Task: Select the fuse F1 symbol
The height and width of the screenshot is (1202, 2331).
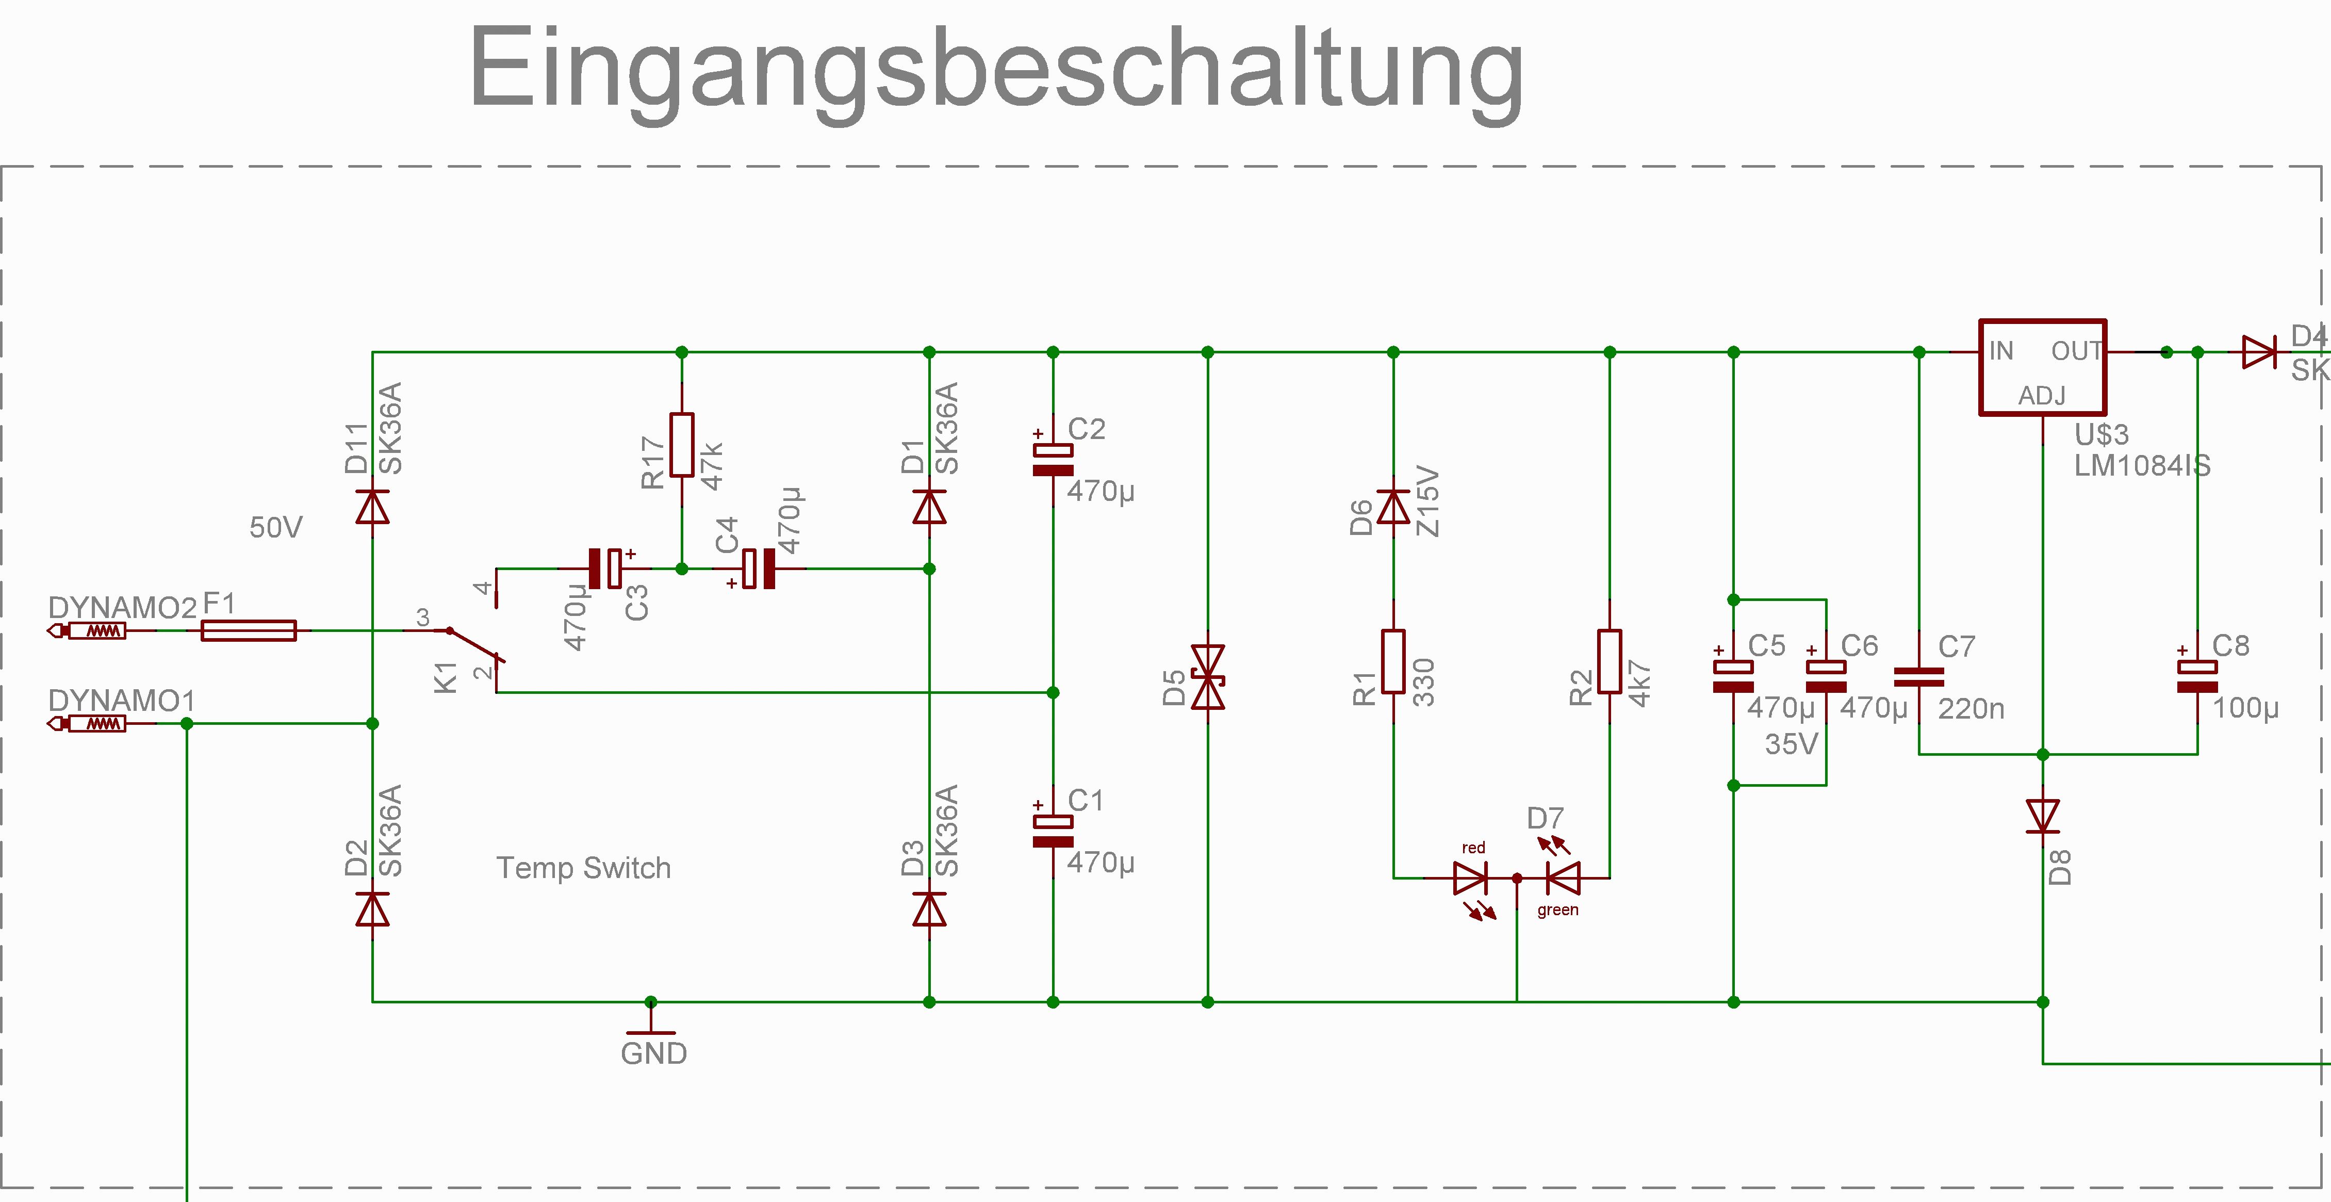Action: (248, 630)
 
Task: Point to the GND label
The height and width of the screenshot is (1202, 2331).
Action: (653, 1053)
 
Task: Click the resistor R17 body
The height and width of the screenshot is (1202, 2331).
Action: (681, 444)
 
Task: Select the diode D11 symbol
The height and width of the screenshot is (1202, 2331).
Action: (372, 507)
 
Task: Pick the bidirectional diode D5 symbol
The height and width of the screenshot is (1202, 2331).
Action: (1207, 677)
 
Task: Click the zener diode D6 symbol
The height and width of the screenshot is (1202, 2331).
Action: (1392, 507)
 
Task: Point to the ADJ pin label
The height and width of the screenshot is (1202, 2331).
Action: (2042, 396)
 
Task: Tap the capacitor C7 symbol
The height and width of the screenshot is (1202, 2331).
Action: (1918, 677)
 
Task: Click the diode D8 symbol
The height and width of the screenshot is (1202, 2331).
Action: (2042, 816)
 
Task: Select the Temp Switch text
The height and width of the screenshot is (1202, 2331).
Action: (584, 868)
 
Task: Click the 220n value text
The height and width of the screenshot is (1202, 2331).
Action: (1971, 709)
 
